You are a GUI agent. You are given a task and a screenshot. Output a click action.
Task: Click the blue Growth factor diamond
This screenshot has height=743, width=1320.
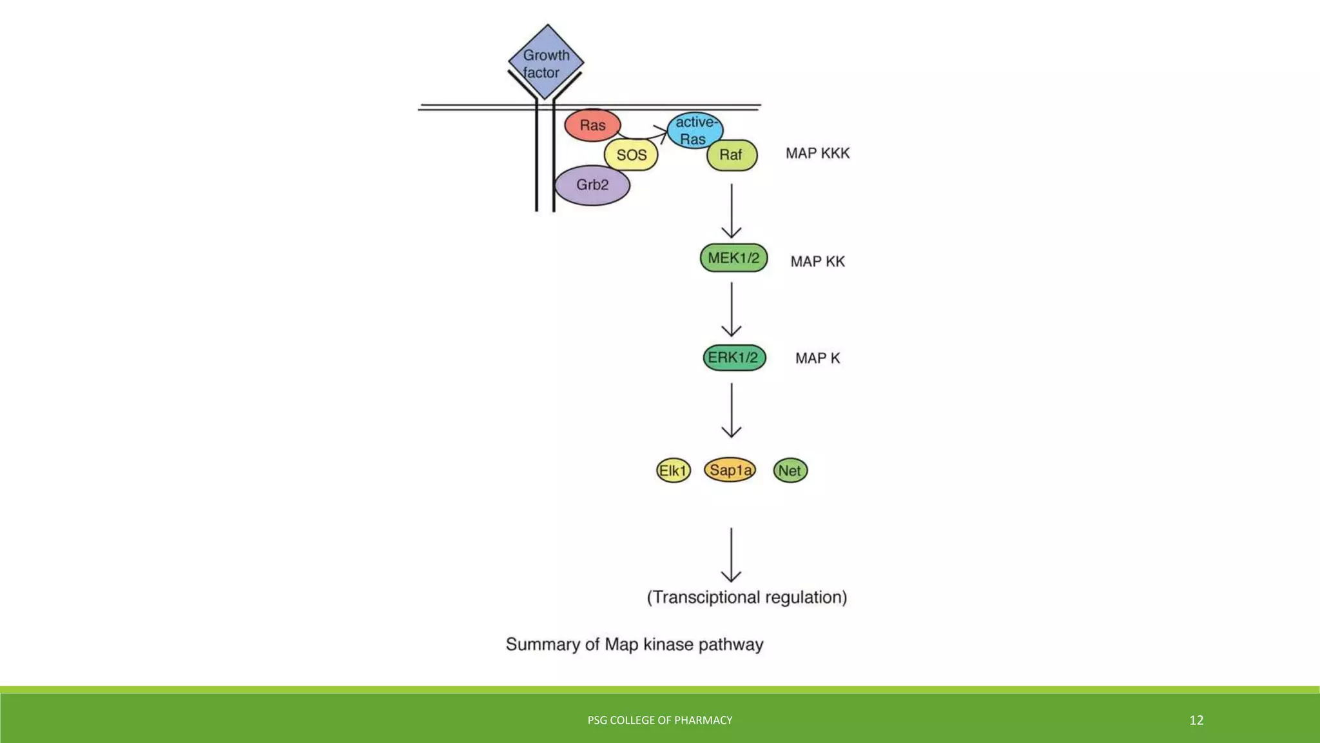pos(546,62)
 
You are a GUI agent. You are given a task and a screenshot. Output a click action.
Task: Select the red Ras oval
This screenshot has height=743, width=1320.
pos(592,125)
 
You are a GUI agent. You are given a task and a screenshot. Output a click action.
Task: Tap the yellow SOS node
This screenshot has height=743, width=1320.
pos(631,155)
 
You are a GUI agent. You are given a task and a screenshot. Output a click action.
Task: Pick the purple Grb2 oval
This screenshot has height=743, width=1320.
pos(592,185)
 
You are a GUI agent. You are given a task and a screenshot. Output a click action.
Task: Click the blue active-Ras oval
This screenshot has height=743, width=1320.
pos(695,130)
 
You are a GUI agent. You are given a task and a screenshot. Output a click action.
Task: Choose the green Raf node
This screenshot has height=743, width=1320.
pos(732,155)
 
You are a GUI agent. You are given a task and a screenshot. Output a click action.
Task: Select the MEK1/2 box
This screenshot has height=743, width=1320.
pos(733,258)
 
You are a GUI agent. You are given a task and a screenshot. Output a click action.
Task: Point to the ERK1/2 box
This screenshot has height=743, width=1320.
pos(734,358)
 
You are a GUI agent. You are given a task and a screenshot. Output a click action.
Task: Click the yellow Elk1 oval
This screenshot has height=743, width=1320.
pos(673,471)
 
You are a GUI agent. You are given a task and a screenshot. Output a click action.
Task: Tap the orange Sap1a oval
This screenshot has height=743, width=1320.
pos(730,470)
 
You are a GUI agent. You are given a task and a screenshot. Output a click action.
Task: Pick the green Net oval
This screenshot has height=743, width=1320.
pos(790,471)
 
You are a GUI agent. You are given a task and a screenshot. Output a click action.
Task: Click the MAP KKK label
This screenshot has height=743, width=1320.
pos(817,154)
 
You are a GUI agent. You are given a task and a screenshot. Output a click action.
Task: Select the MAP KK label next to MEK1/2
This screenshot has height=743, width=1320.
pos(817,262)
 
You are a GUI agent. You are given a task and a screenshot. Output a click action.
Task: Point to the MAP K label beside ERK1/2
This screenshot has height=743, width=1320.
pos(817,359)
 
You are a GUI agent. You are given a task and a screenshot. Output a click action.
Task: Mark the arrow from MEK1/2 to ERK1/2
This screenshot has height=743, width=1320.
pos(732,310)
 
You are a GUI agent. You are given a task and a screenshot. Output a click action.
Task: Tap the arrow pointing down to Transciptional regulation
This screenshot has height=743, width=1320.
pos(731,555)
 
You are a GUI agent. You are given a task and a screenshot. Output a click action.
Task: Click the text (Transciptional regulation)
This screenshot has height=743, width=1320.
pos(747,597)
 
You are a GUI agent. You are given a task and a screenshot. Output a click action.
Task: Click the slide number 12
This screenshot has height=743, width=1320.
pos(1196,720)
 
